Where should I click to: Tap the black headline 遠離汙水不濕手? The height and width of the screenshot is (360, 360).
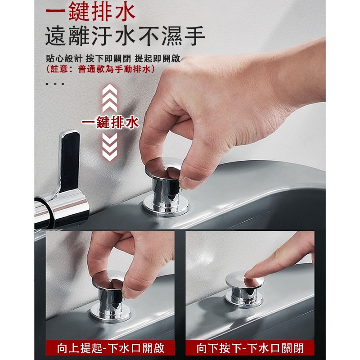coord(125,36)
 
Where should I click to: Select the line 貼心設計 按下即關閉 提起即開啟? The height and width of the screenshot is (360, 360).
coord(113,58)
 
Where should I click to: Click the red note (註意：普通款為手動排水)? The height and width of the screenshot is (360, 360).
coord(100,69)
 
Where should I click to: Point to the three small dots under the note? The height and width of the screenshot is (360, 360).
coord(55,84)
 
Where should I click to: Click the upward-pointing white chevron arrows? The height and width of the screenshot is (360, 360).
coord(110,98)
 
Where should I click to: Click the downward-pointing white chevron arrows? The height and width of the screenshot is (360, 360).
coord(110,147)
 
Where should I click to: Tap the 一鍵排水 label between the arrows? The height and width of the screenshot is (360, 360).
coord(110,122)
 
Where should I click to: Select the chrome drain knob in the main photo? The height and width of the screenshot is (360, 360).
coord(165,186)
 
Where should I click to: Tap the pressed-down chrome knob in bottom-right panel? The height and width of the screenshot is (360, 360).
coord(244,290)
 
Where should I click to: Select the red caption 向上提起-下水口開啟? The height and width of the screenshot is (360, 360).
coord(111,348)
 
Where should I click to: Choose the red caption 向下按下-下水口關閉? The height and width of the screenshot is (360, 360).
coord(250,348)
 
